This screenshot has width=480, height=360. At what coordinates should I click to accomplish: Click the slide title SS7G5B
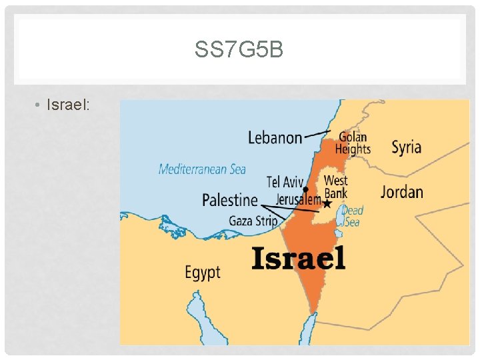point(239,49)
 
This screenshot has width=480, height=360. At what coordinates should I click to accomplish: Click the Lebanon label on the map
point(275,138)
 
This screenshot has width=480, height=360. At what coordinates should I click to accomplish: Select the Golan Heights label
point(352,143)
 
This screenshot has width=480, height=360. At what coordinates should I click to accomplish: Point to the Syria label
point(405,147)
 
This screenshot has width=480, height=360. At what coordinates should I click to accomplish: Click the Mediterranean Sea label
point(202,169)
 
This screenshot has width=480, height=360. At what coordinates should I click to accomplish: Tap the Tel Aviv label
point(285,182)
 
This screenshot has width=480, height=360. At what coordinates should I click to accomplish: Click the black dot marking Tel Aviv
point(306,189)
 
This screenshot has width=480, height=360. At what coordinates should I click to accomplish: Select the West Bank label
point(335,187)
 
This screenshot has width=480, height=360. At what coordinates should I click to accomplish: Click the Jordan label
point(401,192)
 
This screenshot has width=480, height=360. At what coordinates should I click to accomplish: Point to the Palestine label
point(230,199)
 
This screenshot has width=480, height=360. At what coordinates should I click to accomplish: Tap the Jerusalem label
point(298,199)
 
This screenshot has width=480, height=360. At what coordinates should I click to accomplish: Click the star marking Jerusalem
point(327,203)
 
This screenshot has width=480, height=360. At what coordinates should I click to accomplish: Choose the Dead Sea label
point(353,216)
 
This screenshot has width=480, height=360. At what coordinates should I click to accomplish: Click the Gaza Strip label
point(253,221)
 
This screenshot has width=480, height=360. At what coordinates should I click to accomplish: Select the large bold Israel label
point(299,258)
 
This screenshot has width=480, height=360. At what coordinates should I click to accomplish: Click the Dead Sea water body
point(341,216)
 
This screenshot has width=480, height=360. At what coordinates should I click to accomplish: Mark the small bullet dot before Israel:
point(39,106)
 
